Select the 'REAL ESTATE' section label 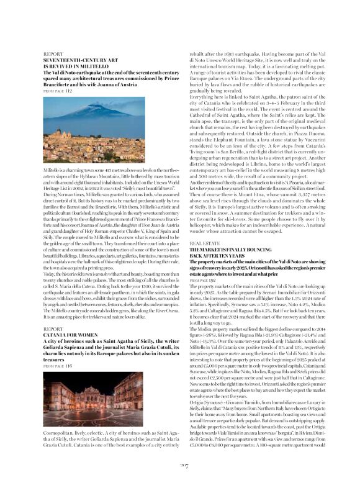coord(204,244)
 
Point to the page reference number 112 coord(68,91)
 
